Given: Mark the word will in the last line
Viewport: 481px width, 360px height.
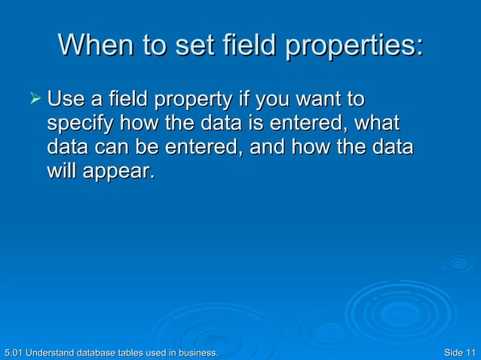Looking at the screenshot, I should (x=62, y=172).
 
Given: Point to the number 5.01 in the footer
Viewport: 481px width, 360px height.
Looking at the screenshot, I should (x=13, y=352).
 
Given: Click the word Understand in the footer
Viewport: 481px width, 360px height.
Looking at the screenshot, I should (x=51, y=352).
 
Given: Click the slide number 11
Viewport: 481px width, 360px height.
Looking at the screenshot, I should (x=471, y=352).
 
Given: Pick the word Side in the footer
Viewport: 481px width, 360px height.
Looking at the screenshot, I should (x=454, y=352).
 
